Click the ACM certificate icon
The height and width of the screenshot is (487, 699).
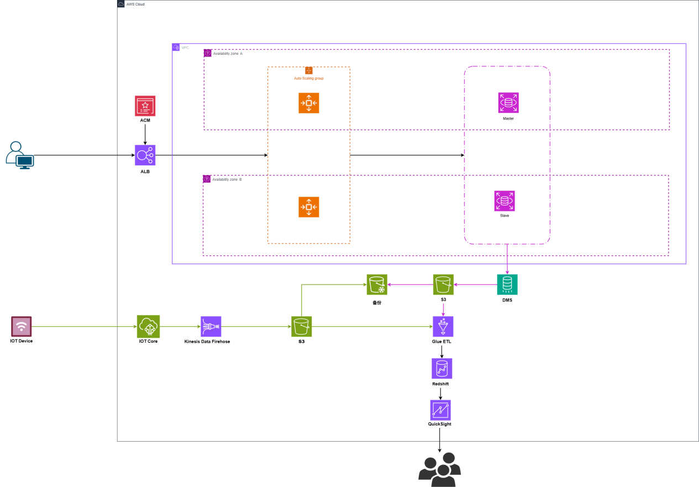pyautogui.click(x=145, y=106)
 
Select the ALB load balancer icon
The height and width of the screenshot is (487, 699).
pyautogui.click(x=145, y=155)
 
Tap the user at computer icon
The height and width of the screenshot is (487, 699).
pyautogui.click(x=20, y=155)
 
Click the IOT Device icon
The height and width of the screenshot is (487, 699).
pyautogui.click(x=22, y=326)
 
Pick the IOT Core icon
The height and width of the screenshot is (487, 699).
pyautogui.click(x=148, y=326)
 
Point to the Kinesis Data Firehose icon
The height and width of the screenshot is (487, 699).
pyautogui.click(x=211, y=326)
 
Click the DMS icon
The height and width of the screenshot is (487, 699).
pyautogui.click(x=507, y=285)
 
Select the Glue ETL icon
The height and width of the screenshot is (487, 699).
pyautogui.click(x=443, y=326)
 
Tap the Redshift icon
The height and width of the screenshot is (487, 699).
pyautogui.click(x=442, y=368)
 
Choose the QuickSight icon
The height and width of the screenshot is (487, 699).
pyautogui.click(x=440, y=410)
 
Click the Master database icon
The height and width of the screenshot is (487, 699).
pyautogui.click(x=508, y=103)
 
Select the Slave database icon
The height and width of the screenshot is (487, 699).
pyautogui.click(x=504, y=201)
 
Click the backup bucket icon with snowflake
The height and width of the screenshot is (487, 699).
pyautogui.click(x=377, y=285)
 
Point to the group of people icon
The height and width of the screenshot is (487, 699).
pyautogui.click(x=439, y=469)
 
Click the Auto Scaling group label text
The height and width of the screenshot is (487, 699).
pyautogui.click(x=308, y=78)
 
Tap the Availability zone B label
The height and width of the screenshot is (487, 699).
pyautogui.click(x=227, y=180)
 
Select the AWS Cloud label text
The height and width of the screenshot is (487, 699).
pyautogui.click(x=135, y=4)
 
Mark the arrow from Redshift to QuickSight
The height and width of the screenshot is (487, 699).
pyautogui.click(x=440, y=393)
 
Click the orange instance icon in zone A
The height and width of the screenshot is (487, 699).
pyautogui.click(x=308, y=103)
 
